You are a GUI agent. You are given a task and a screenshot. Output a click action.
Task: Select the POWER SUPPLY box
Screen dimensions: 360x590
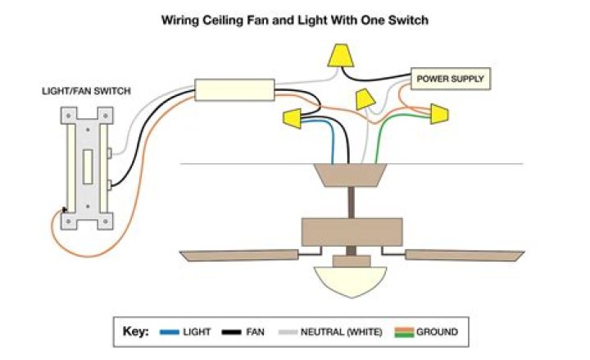[x=450, y=80]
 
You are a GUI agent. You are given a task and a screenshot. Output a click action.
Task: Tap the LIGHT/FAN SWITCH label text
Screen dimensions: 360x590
[x=86, y=92]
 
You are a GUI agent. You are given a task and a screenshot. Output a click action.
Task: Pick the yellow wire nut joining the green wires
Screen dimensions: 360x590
[x=439, y=114]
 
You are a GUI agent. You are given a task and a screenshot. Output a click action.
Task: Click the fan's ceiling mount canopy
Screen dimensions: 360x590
[x=351, y=174]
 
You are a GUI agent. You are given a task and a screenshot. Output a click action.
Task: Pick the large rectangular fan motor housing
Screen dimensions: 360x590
[x=351, y=231]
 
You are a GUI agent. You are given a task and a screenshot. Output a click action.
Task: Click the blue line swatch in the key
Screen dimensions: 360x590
[x=169, y=332]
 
